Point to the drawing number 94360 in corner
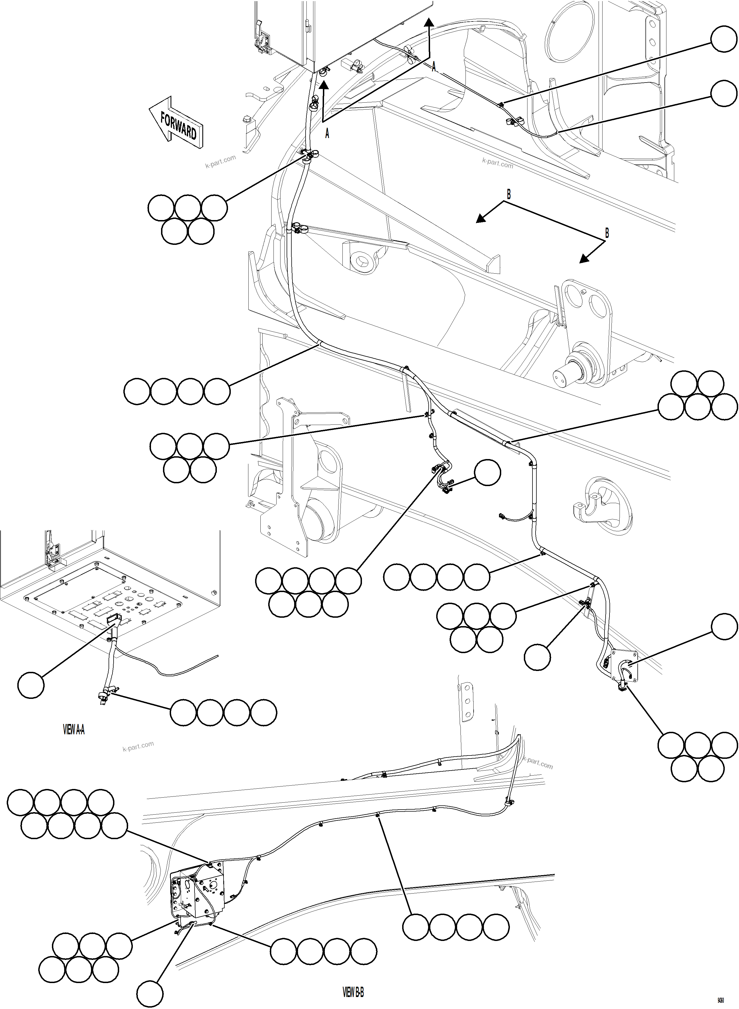click(721, 999)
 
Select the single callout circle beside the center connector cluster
click(487, 472)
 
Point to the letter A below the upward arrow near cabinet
click(327, 134)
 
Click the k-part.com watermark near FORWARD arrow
click(220, 161)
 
